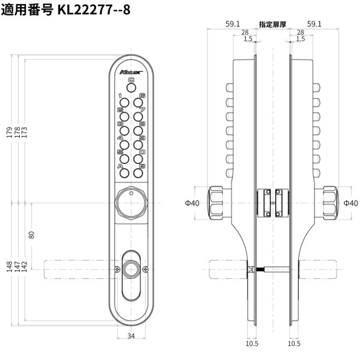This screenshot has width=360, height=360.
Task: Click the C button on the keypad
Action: click(x=131, y=88)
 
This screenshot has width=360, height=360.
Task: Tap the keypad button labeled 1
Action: click(x=124, y=103)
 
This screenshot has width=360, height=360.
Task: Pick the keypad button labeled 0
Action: click(x=139, y=159)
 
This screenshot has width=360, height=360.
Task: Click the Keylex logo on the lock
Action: click(x=131, y=71)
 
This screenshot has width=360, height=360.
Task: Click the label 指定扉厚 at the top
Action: click(x=272, y=25)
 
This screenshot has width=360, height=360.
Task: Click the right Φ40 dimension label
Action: click(x=351, y=203)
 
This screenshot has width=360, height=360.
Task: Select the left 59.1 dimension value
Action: click(x=233, y=25)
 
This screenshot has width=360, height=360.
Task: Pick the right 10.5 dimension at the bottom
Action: click(x=294, y=344)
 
